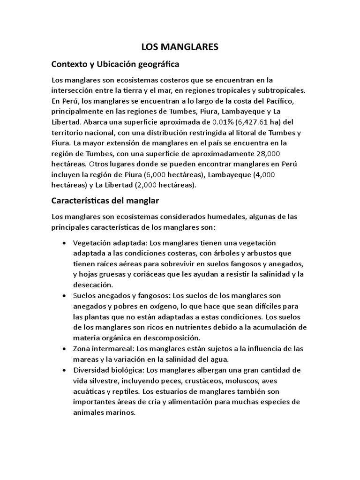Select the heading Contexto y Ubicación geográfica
115,63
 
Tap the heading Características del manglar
105,201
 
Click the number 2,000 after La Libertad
142,185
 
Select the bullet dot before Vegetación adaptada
64,243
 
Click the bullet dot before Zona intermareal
64,349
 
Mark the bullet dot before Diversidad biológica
64,370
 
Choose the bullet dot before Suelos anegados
64,296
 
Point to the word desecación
93,285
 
